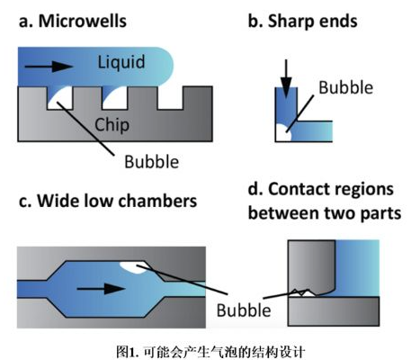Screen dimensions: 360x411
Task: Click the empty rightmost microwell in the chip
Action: (169, 98)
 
